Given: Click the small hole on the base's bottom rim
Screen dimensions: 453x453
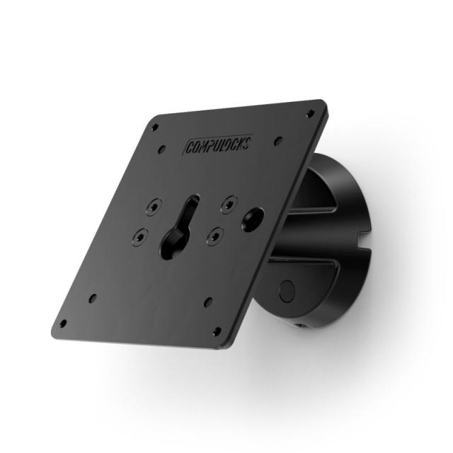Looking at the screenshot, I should pyautogui.click(x=302, y=326).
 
